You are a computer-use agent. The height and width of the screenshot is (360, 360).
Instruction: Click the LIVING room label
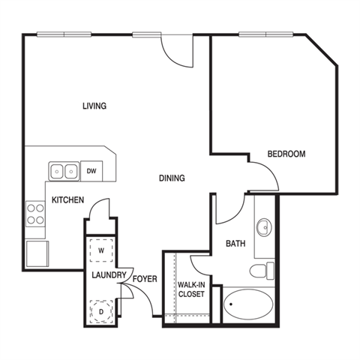click(x=94, y=106)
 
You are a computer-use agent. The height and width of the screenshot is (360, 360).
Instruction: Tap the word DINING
click(x=172, y=178)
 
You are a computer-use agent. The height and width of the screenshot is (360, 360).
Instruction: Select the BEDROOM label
click(x=286, y=154)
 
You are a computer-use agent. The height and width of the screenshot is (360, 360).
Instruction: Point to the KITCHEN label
click(x=67, y=200)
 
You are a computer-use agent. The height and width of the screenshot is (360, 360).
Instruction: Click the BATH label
click(x=235, y=244)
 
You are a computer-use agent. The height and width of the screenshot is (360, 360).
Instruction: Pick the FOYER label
click(x=145, y=279)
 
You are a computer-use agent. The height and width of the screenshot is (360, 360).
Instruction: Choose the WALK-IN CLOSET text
click(x=191, y=289)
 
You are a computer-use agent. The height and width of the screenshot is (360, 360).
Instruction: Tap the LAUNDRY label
click(x=109, y=275)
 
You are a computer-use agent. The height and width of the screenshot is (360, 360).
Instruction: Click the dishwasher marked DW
click(x=91, y=171)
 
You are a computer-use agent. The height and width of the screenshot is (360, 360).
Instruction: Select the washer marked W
click(x=101, y=250)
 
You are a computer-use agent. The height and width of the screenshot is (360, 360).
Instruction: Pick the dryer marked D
click(x=101, y=312)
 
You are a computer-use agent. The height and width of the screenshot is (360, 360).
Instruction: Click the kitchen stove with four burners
click(x=35, y=214)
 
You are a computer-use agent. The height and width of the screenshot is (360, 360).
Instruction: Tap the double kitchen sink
click(x=64, y=171)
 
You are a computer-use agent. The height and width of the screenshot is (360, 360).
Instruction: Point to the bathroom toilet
click(x=262, y=271)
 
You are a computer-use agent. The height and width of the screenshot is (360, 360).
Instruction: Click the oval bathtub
click(x=248, y=304)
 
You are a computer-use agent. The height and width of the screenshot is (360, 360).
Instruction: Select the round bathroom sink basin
click(x=265, y=227)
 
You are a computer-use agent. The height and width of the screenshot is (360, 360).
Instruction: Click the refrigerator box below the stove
click(x=37, y=253)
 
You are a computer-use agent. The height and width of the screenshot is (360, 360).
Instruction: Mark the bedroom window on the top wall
click(x=265, y=34)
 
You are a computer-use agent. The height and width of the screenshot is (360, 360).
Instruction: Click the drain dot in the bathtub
click(x=231, y=304)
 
